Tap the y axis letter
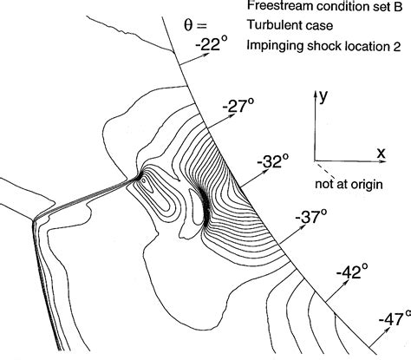pyautogui.click(x=322, y=98)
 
